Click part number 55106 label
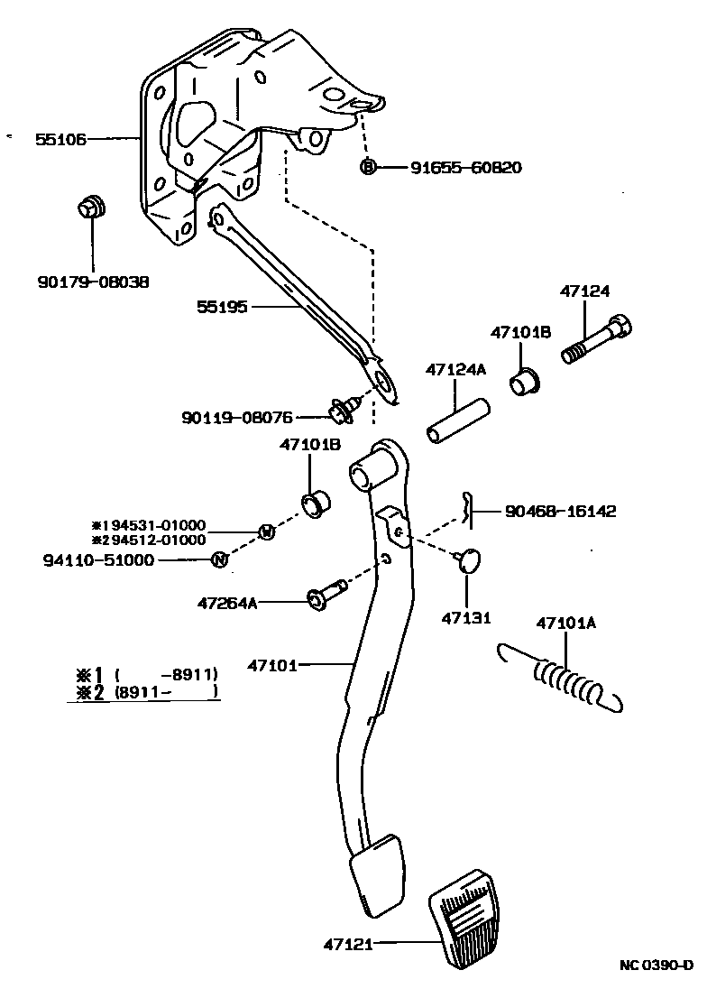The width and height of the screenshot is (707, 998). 60,139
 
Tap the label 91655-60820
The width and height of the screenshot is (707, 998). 465,168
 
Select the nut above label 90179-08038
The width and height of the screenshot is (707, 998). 91,207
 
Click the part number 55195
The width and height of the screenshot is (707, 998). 223,308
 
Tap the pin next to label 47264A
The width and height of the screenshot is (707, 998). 326,596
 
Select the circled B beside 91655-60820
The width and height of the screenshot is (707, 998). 368,167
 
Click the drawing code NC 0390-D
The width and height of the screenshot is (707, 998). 656,966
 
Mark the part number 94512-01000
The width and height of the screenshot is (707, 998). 154,540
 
